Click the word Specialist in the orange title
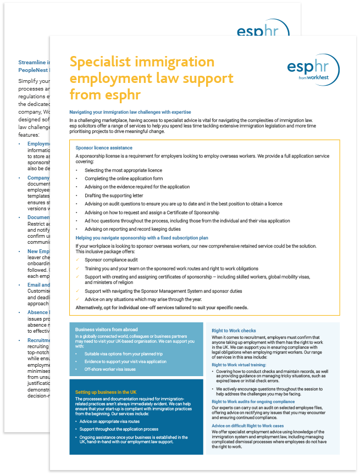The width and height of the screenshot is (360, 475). click(x=103, y=62)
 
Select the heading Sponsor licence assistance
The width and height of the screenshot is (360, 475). click(x=104, y=148)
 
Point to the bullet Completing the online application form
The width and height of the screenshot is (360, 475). click(x=124, y=178)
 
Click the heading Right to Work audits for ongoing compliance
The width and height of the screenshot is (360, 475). click(x=253, y=401)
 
